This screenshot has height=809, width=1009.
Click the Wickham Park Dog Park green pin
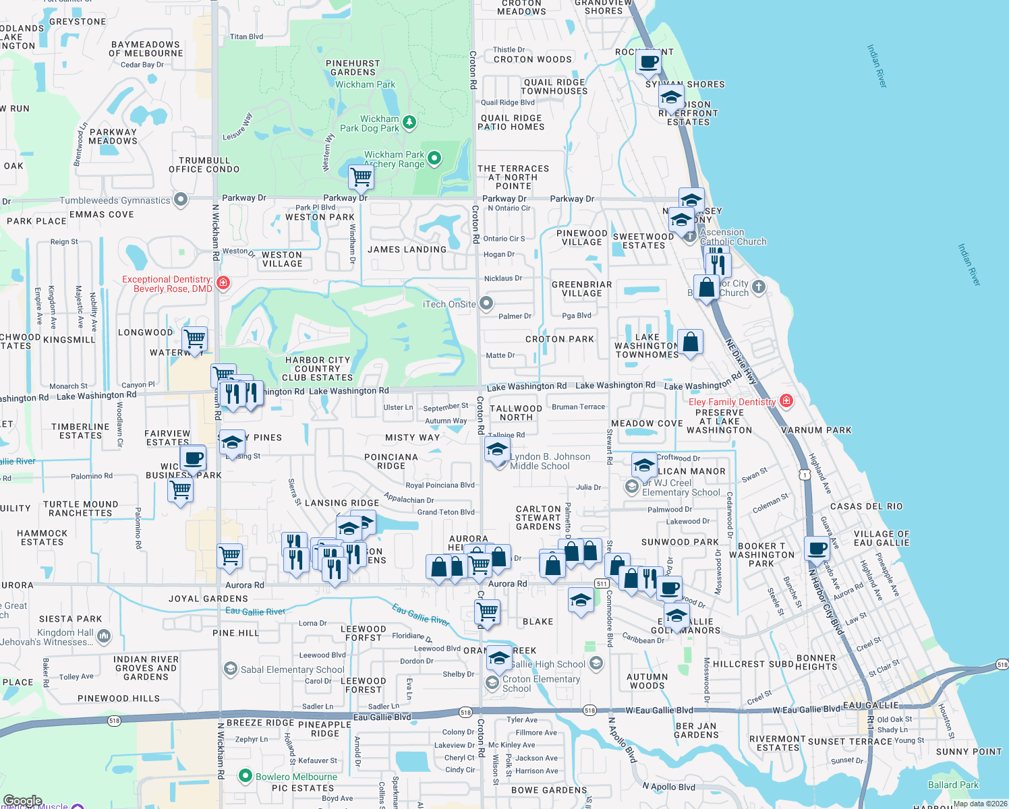point(409,123)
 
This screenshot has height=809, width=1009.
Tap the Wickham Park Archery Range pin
point(434,158)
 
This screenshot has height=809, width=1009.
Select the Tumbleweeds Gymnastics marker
point(180,200)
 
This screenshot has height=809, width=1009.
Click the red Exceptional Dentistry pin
point(223,283)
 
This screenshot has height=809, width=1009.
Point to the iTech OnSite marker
point(486,303)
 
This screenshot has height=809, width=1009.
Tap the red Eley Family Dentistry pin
point(786,401)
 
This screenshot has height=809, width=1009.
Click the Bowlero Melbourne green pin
point(246,776)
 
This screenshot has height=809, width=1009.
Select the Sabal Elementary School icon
point(230,669)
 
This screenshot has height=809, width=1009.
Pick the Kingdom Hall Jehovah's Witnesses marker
point(104,635)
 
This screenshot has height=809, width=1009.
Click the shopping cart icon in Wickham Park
point(362,177)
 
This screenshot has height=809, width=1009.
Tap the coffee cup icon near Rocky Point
point(649,63)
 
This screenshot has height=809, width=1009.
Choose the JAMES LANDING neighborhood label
point(407,249)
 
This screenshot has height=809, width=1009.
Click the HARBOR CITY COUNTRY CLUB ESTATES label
point(318,369)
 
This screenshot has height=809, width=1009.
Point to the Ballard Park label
point(953,785)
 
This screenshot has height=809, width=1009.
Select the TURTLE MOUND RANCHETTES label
point(80,508)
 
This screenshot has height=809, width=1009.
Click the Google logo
point(23,801)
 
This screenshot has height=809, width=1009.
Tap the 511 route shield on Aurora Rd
point(602,584)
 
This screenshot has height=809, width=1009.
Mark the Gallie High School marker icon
point(596,663)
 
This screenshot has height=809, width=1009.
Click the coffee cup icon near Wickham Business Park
point(193,458)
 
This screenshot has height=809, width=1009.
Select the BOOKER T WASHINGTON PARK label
point(761,555)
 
